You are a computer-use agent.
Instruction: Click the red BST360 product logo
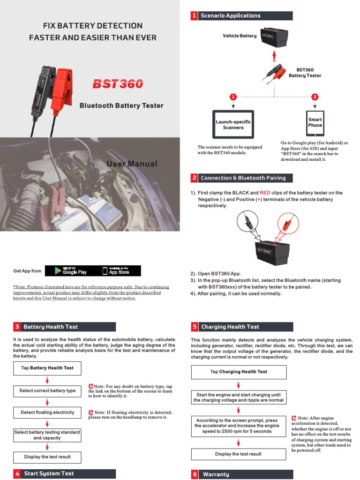click(x=117, y=84)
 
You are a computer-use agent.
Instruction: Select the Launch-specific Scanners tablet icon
click(x=233, y=124)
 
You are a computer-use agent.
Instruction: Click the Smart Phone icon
click(x=315, y=123)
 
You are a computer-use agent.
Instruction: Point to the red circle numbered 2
click(x=315, y=97)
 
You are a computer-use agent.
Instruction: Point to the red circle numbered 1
click(x=233, y=97)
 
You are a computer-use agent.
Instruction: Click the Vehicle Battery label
click(x=240, y=36)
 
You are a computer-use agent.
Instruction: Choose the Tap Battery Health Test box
click(x=47, y=368)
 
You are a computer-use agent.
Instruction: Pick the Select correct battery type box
click(x=47, y=390)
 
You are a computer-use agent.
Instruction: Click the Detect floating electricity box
click(x=47, y=412)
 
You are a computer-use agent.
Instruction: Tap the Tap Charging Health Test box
click(x=239, y=372)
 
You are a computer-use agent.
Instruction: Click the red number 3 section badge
click(x=17, y=327)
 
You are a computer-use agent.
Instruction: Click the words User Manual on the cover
click(x=132, y=164)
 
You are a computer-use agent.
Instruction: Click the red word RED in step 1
click(x=265, y=193)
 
